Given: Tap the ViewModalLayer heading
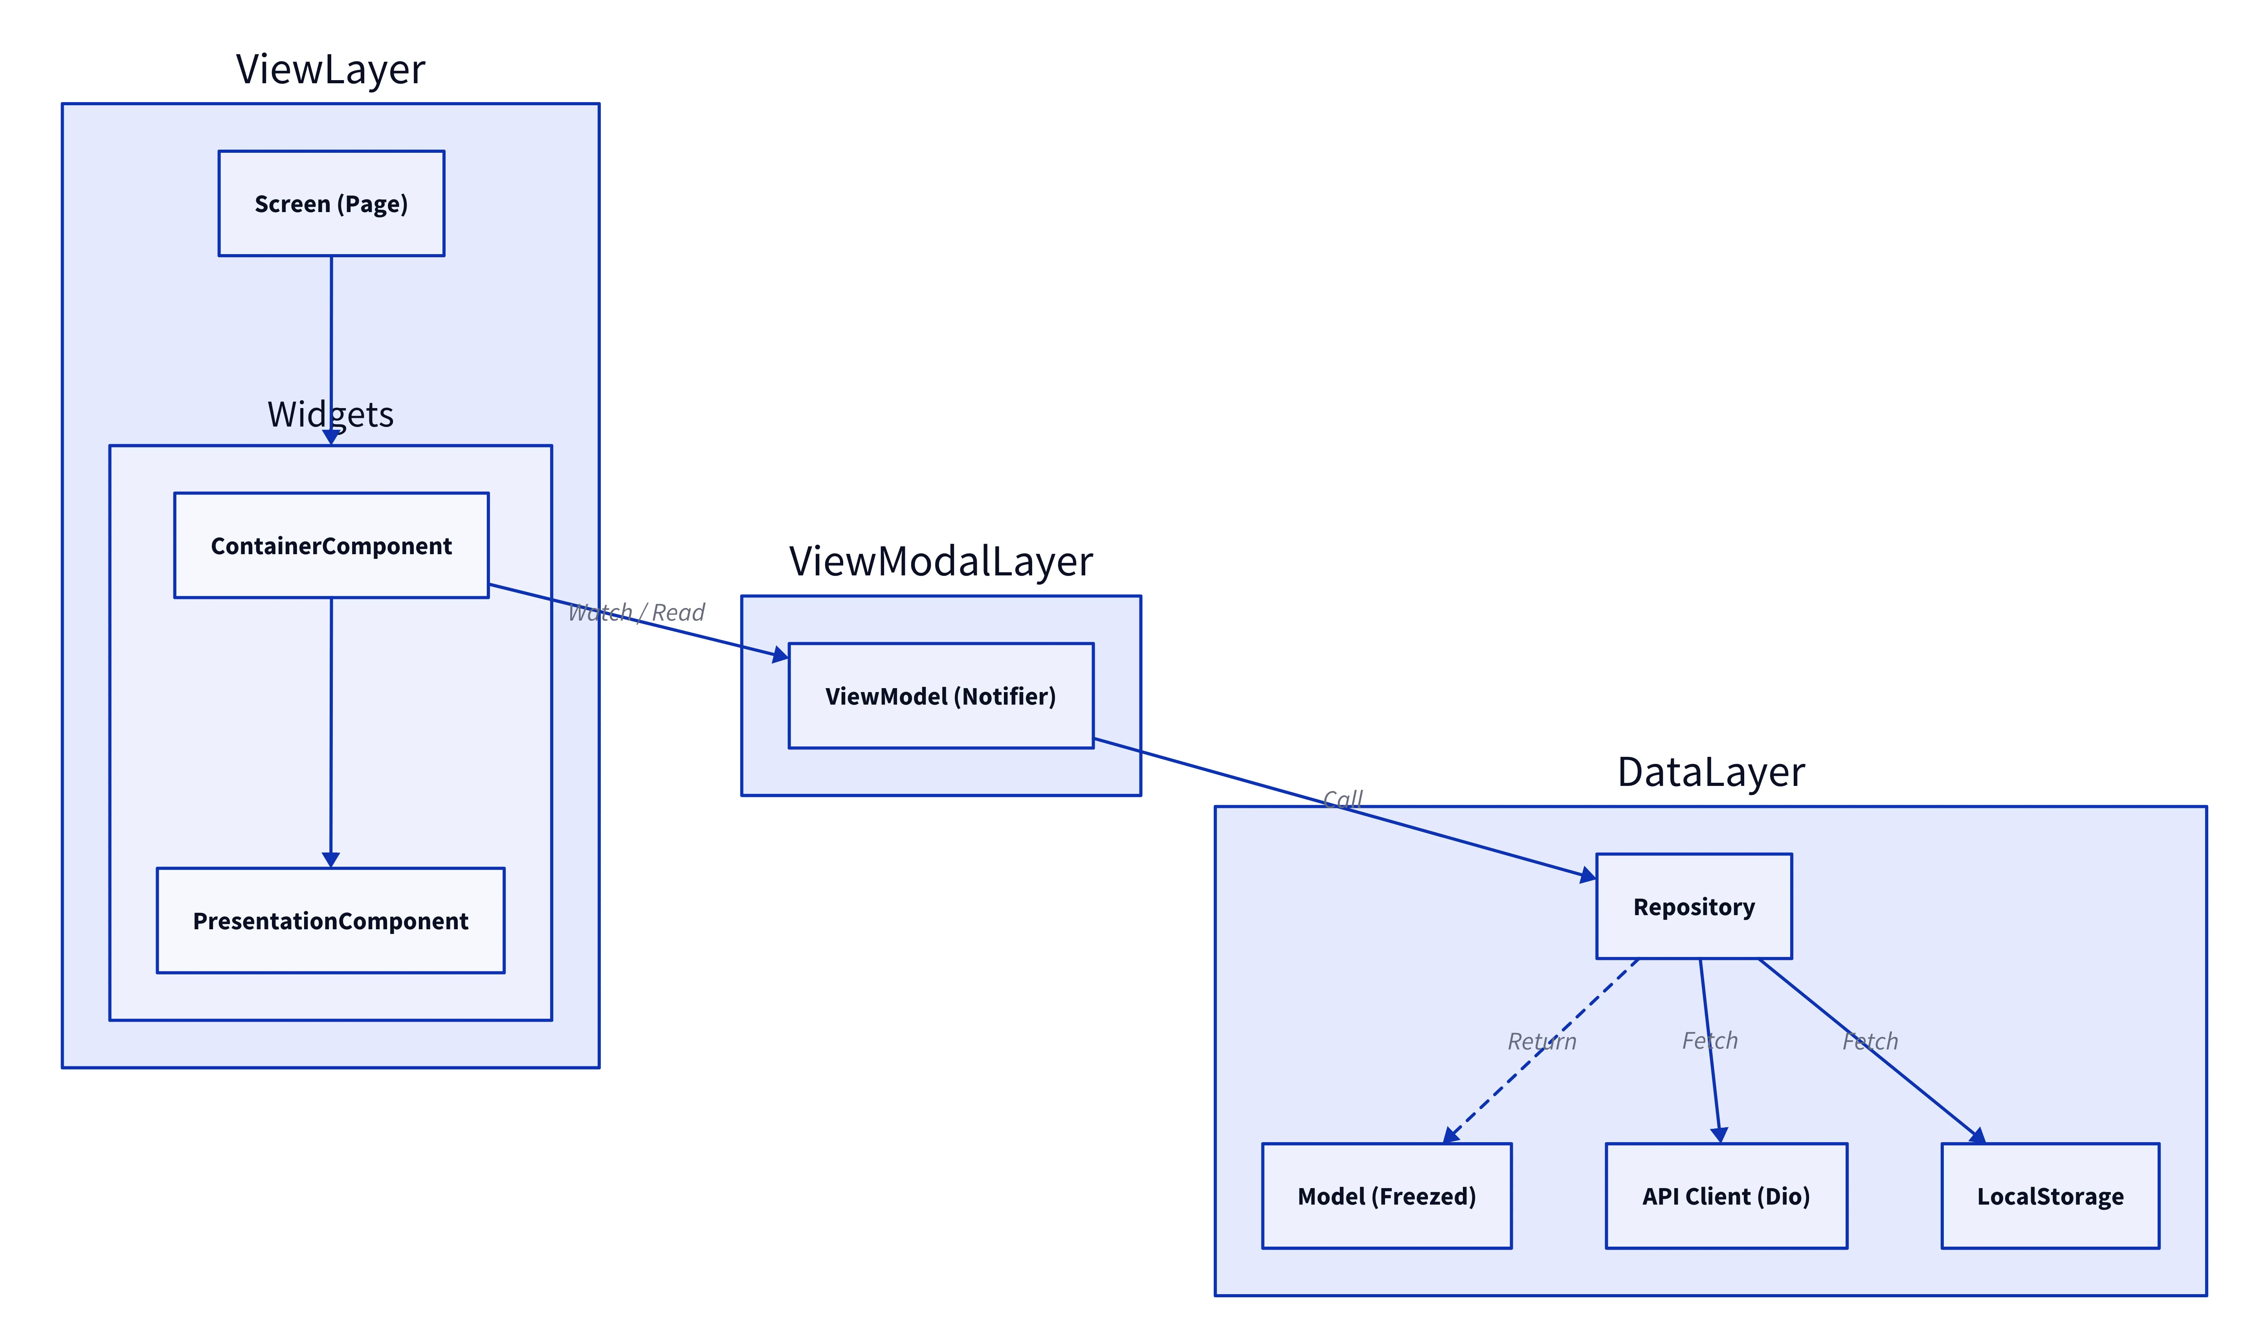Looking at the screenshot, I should pos(940,560).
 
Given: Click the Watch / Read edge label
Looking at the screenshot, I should pos(636,613).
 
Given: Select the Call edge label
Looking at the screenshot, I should pos(1343,799).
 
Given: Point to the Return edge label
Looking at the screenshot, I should pos(1541,1042).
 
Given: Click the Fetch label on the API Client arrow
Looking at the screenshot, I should pos(1710,1041).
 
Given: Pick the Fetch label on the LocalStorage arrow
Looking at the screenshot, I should pos(1870,1042).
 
